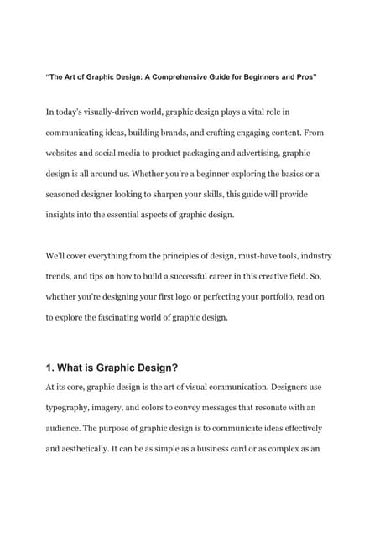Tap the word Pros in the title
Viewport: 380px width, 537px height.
(303, 77)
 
